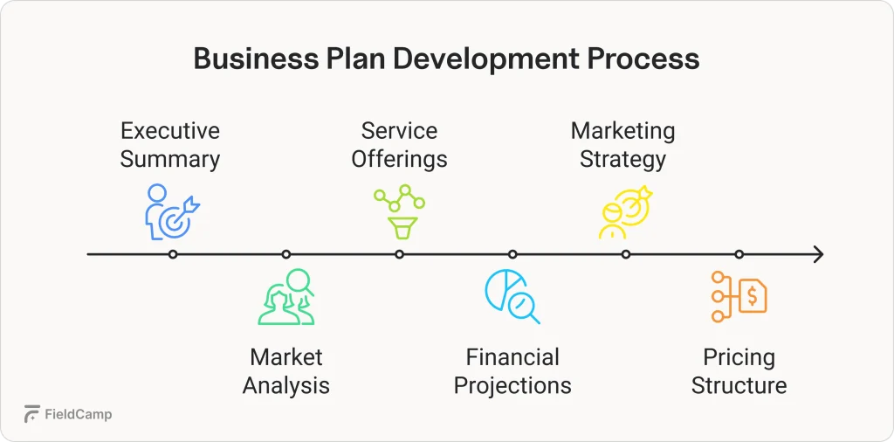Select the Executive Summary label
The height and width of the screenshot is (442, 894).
pyautogui.click(x=170, y=145)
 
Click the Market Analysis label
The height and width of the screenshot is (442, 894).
pyautogui.click(x=286, y=371)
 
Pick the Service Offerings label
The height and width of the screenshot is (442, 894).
pyautogui.click(x=399, y=145)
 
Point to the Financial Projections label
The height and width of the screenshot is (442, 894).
pyautogui.click(x=512, y=371)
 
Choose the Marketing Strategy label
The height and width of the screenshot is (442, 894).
pyautogui.click(x=623, y=145)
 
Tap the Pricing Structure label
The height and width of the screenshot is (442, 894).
pyautogui.click(x=739, y=371)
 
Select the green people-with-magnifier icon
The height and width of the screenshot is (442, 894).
pyautogui.click(x=286, y=297)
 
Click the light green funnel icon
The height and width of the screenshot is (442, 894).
pyautogui.click(x=400, y=212)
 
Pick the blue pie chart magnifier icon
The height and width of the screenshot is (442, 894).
pyautogui.click(x=512, y=297)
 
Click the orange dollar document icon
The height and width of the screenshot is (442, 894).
pyautogui.click(x=739, y=297)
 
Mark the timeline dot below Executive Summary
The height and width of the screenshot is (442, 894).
pyautogui.click(x=173, y=254)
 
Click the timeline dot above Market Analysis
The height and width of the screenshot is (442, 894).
pyautogui.click(x=286, y=254)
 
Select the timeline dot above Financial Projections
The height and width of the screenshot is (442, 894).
pyautogui.click(x=512, y=254)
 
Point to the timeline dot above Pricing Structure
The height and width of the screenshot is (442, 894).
pyautogui.click(x=739, y=254)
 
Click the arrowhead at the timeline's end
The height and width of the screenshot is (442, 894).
pyautogui.click(x=818, y=254)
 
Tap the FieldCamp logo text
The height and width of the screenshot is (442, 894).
pyautogui.click(x=78, y=415)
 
